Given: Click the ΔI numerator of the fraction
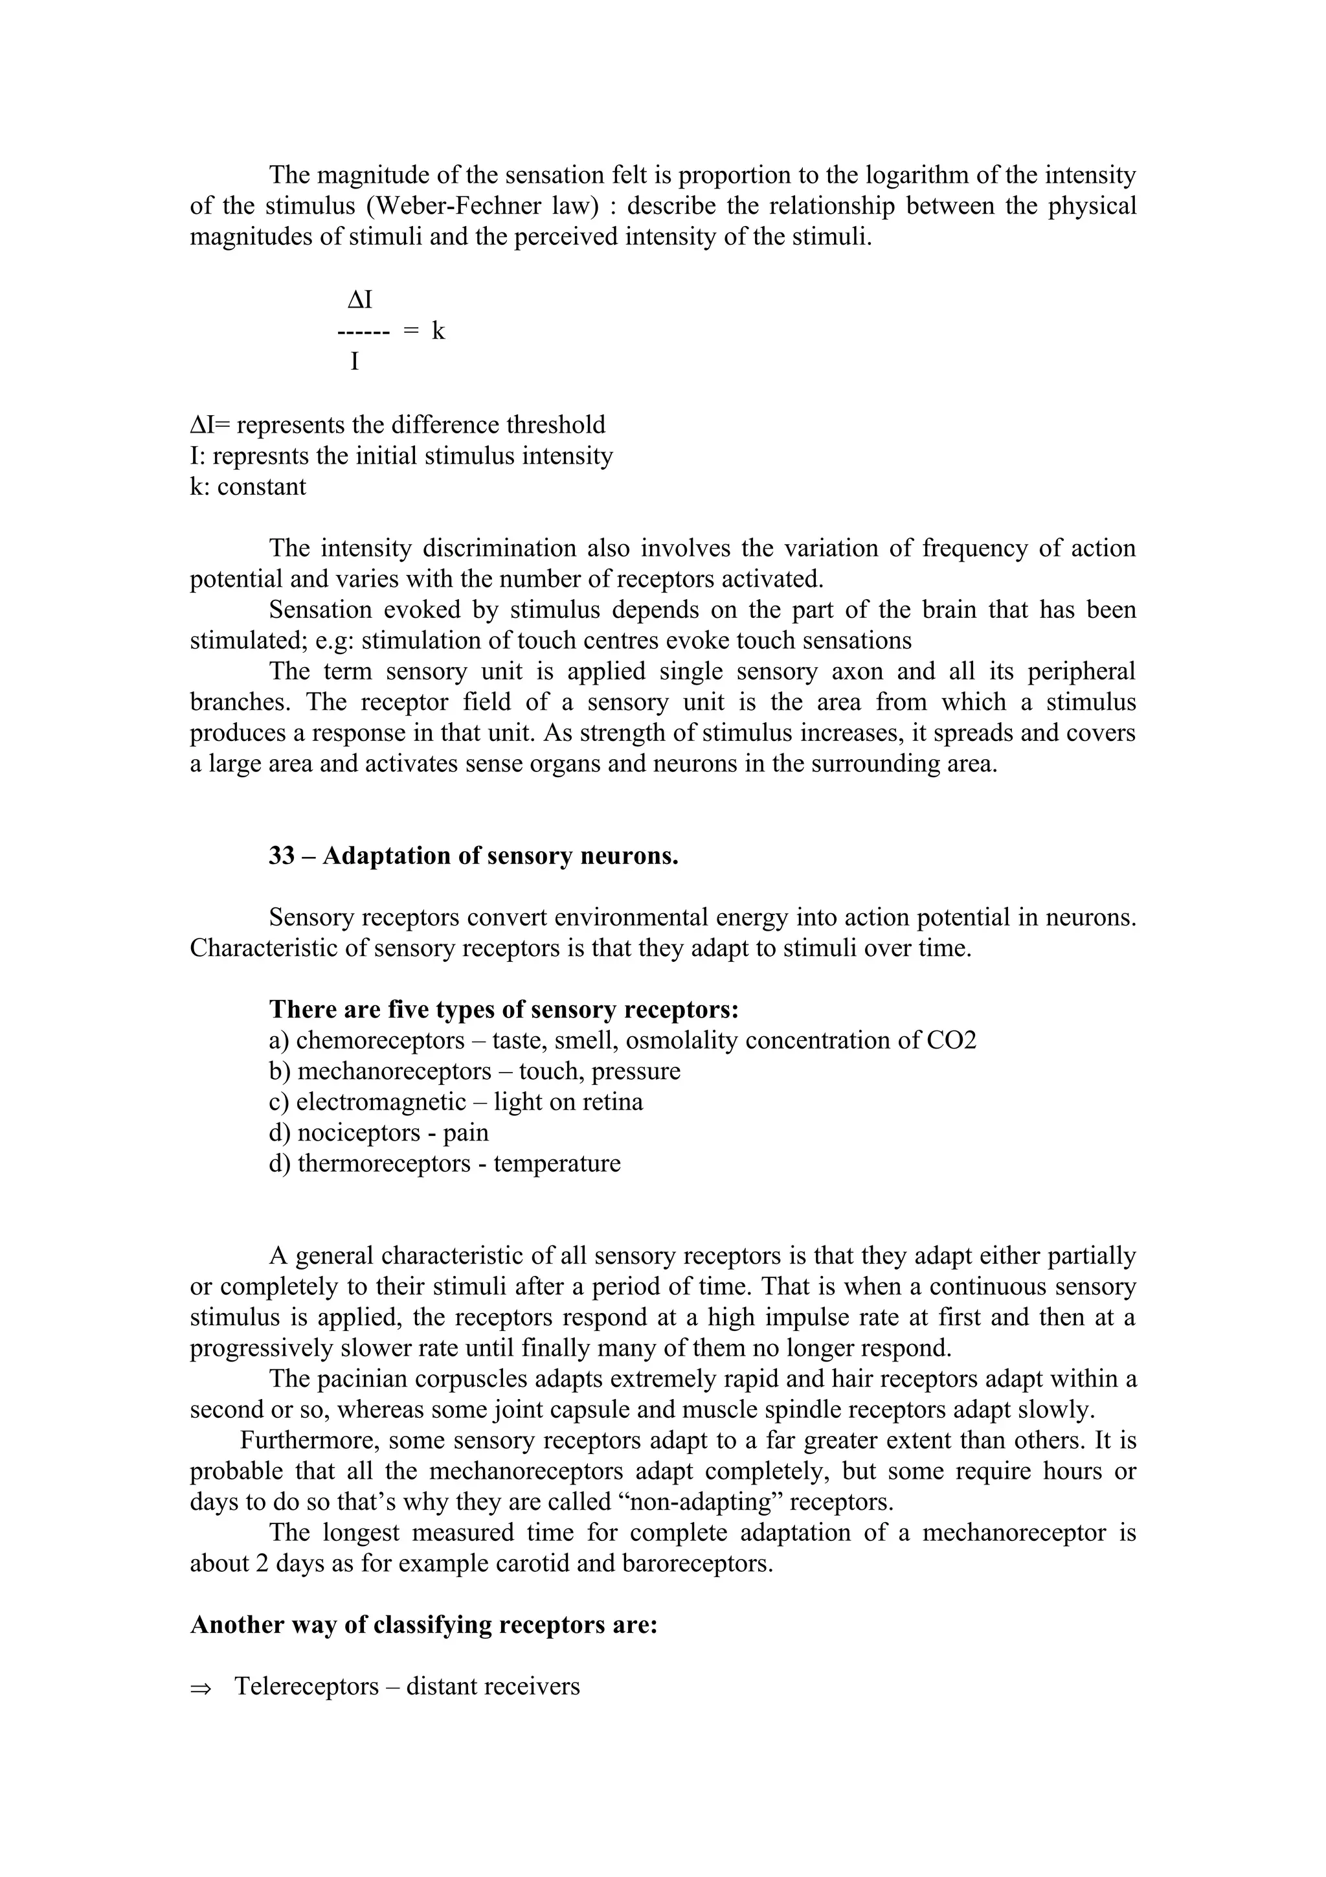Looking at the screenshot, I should click(x=359, y=300).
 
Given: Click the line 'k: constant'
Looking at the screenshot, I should click(x=247, y=486).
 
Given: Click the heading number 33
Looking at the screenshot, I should click(x=281, y=856).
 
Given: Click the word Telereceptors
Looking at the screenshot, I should click(x=307, y=1687).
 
